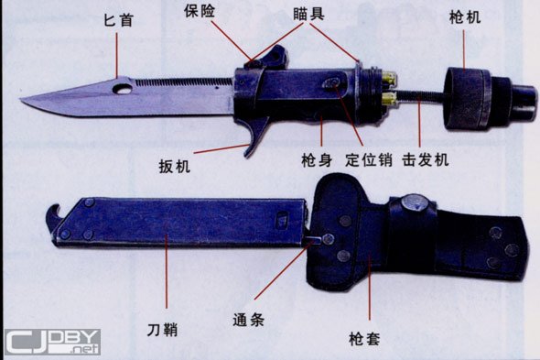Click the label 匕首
click(118, 20)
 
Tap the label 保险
click(200, 11)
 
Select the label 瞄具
click(308, 14)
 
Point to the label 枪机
click(465, 16)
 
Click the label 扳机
click(174, 167)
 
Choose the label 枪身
click(317, 160)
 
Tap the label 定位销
click(369, 160)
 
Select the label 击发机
click(426, 160)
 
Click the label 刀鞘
click(162, 330)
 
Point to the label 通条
click(248, 320)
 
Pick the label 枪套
click(364, 339)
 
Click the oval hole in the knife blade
click(122, 89)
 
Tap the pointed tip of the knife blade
click(21, 99)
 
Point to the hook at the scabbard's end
click(52, 216)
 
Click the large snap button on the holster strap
click(416, 202)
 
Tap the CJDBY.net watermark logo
click(52, 342)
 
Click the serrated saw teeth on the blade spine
click(183, 82)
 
